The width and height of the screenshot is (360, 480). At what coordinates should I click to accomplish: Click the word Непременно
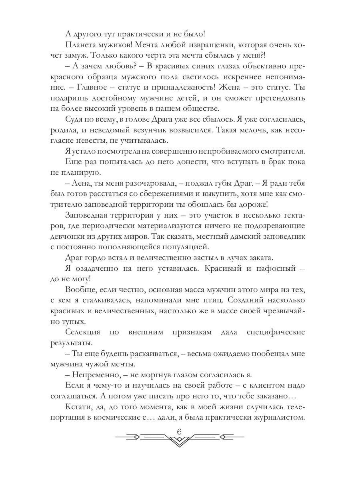(x=95, y=374)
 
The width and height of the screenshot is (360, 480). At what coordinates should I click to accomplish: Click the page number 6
(x=179, y=431)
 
